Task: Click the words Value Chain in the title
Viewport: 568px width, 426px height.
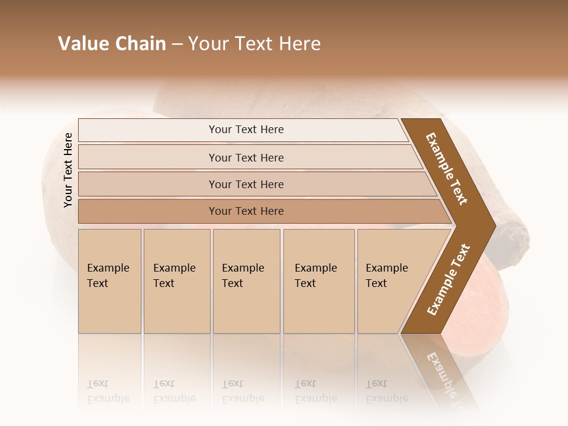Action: point(112,44)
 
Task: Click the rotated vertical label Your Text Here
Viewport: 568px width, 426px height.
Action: point(68,170)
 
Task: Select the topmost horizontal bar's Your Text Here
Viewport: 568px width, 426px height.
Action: point(246,130)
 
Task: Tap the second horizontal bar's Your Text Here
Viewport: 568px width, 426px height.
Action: point(246,158)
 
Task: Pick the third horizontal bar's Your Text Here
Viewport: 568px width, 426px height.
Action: point(246,185)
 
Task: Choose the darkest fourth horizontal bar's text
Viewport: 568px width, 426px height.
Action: point(246,211)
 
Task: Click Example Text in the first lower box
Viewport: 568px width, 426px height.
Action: point(108,276)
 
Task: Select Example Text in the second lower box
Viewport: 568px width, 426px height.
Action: point(174,276)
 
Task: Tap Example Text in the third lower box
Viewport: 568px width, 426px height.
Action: point(243,276)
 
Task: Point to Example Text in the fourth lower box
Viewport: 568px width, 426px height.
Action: point(315,276)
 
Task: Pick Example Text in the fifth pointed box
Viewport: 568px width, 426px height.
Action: point(386,276)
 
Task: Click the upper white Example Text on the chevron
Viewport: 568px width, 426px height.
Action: point(447,169)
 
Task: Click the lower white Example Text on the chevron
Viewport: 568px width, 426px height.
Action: point(448,280)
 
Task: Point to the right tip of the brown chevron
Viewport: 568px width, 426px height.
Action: point(495,225)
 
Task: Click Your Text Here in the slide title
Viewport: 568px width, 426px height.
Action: point(254,44)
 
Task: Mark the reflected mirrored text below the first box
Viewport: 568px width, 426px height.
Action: point(108,391)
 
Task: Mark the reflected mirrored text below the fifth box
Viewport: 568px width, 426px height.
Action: point(386,391)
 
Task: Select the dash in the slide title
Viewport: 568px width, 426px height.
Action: point(177,44)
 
